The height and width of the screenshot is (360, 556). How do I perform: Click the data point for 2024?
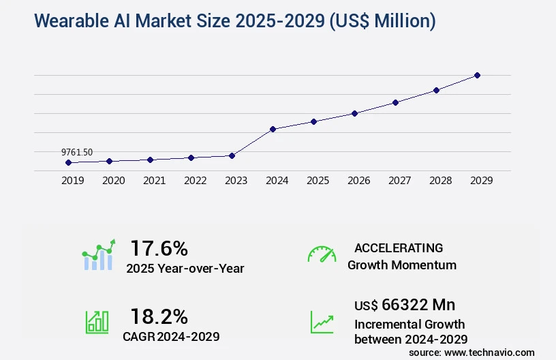point(273,129)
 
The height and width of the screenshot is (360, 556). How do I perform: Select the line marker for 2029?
point(477,75)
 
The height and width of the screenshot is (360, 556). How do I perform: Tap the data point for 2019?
point(68,162)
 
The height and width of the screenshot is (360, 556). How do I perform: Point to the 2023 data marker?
point(232,155)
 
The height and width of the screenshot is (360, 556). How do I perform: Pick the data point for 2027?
point(395,102)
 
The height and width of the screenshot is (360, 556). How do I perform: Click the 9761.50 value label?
point(77,152)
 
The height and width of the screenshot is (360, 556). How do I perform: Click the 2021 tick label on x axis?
point(154,181)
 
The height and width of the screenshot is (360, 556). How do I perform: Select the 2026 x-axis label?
point(358,181)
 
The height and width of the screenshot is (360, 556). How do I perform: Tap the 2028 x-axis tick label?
point(440,181)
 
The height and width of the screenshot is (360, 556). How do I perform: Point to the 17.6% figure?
point(159,247)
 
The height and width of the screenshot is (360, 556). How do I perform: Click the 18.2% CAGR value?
point(159,316)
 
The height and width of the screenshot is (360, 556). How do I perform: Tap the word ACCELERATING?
point(399,247)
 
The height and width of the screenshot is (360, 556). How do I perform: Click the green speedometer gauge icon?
point(322,254)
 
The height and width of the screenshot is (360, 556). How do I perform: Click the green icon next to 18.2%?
point(97,321)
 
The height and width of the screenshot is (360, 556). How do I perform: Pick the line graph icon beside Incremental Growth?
point(322,321)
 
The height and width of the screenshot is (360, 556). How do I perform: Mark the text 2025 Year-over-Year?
point(185,268)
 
